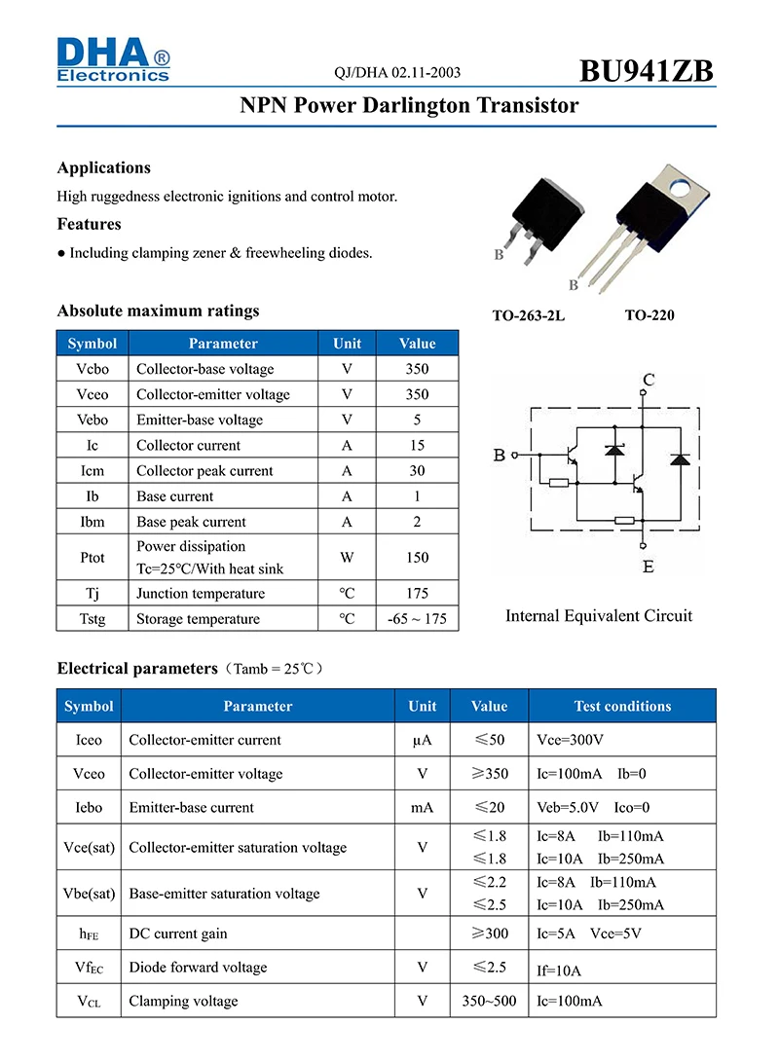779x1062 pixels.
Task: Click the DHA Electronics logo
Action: pos(113,58)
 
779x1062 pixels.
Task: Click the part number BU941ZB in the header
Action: pos(647,71)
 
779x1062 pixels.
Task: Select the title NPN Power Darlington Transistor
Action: pos(409,106)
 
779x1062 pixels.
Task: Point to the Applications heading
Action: pos(104,167)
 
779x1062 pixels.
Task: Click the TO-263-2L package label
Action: pos(529,315)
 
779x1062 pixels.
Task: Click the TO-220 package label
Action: pos(649,315)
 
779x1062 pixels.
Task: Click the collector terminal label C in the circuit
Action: pos(649,379)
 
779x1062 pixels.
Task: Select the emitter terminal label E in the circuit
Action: pos(649,566)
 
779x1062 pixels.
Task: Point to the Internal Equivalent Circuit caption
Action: pos(599,615)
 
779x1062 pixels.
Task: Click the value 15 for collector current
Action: pos(417,445)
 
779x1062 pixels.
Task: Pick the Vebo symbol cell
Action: pos(93,420)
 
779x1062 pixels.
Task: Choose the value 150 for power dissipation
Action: pos(417,558)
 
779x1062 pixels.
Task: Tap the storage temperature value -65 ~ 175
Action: pos(417,619)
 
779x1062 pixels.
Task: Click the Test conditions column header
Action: pos(622,706)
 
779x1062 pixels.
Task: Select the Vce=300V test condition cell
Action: pos(572,740)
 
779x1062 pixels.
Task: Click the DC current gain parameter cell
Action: pos(178,934)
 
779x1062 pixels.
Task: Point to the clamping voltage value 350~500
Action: pos(489,1001)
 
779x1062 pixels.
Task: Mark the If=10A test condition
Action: pos(559,970)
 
